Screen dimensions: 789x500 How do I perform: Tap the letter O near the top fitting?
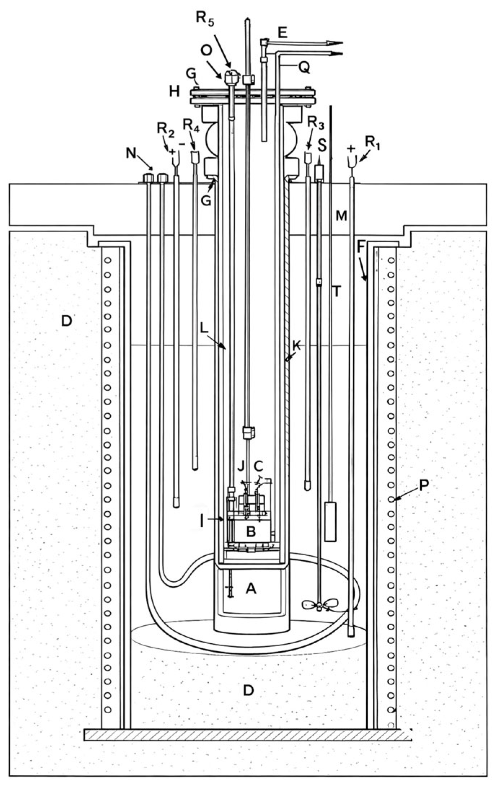[x=206, y=51]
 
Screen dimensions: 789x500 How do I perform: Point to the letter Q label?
[x=304, y=67]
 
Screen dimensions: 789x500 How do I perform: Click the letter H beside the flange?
[x=174, y=92]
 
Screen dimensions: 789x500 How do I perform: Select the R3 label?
[x=315, y=124]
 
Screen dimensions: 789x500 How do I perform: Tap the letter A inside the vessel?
[x=251, y=589]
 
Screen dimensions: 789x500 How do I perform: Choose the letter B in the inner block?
[x=251, y=531]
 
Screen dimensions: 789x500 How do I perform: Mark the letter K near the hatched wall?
[x=296, y=346]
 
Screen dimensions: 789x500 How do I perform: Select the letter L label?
[x=204, y=329]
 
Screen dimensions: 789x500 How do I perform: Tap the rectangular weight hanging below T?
[x=331, y=521]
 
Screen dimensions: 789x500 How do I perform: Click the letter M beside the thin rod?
[x=341, y=216]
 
